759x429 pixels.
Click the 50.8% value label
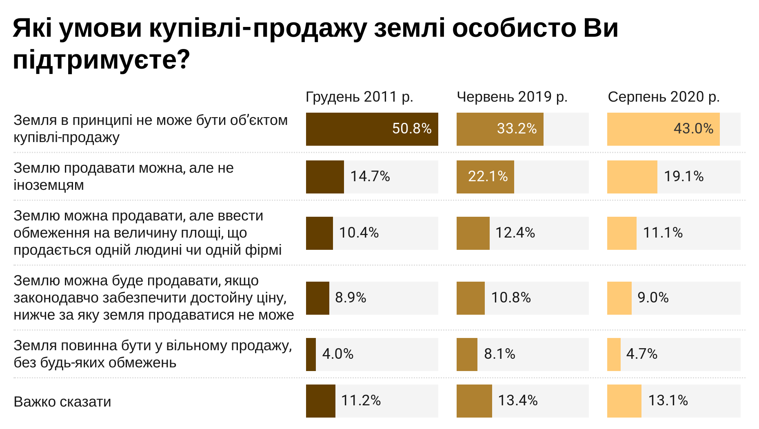coord(411,129)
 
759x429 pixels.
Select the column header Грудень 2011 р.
coord(359,97)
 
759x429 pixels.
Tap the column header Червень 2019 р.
coord(512,97)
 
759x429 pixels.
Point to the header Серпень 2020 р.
coord(664,97)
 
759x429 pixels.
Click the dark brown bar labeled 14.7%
coord(325,177)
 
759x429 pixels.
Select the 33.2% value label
coord(517,129)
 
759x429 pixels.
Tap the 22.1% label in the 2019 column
coord(488,176)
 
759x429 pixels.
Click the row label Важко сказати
coord(62,402)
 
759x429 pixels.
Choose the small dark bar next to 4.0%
coord(311,354)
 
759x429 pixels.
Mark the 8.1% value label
coord(499,354)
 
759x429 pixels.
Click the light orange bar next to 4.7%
coord(614,354)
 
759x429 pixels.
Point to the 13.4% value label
coord(517,400)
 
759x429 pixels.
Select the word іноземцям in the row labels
coord(49,185)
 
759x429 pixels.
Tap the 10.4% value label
coord(359,233)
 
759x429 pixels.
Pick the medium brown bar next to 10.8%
coord(470,298)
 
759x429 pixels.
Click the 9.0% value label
coord(653,298)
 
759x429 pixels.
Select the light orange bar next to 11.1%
coord(621,233)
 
